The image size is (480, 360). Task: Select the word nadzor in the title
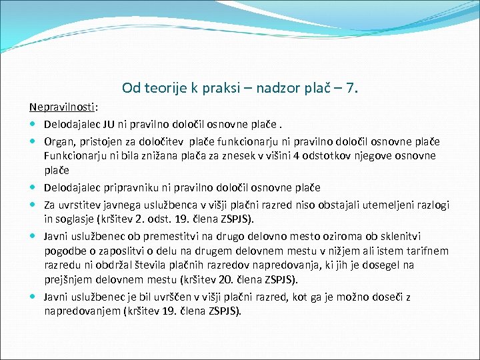coord(283,87)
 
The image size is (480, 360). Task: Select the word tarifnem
coord(427,251)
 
